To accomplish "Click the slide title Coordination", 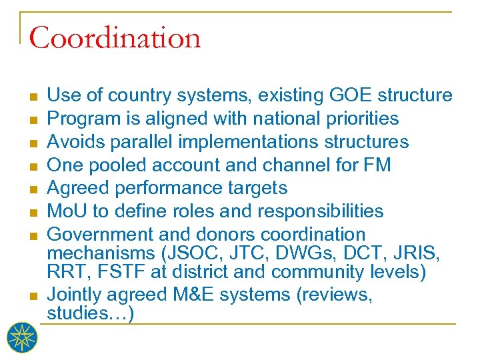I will [x=115, y=38].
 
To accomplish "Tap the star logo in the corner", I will [x=23, y=338].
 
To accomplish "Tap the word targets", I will [x=254, y=188].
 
